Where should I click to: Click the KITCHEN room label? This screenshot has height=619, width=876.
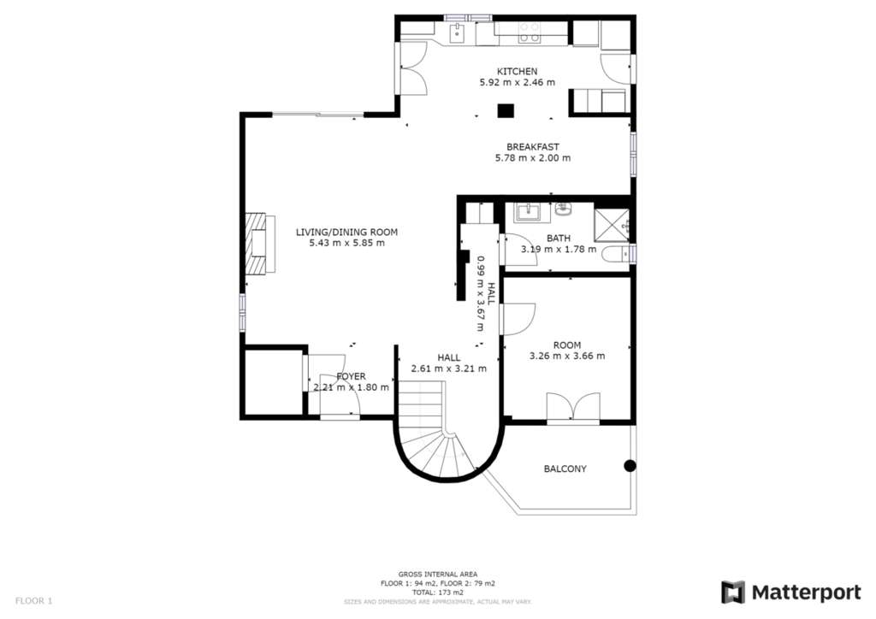click(517, 72)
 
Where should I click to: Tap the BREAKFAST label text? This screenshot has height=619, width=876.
click(532, 147)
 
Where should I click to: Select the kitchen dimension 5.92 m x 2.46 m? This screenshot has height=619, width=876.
click(518, 83)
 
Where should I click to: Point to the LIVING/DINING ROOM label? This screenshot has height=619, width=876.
click(346, 233)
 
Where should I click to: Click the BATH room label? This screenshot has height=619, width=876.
click(559, 239)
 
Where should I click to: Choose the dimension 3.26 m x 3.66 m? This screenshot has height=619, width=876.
click(567, 357)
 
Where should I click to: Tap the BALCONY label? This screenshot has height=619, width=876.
click(565, 469)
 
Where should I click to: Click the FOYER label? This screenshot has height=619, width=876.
click(351, 377)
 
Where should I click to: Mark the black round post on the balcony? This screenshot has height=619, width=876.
click(630, 465)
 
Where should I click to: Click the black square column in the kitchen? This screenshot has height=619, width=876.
click(506, 110)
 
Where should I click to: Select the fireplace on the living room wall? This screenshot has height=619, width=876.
click(260, 243)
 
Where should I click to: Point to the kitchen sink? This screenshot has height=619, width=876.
click(457, 33)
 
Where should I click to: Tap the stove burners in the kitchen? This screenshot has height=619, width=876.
click(529, 32)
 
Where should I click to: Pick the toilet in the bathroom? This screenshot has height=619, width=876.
click(615, 254)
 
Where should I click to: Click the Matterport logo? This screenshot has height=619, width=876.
click(791, 592)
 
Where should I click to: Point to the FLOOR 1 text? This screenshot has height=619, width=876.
click(33, 601)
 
